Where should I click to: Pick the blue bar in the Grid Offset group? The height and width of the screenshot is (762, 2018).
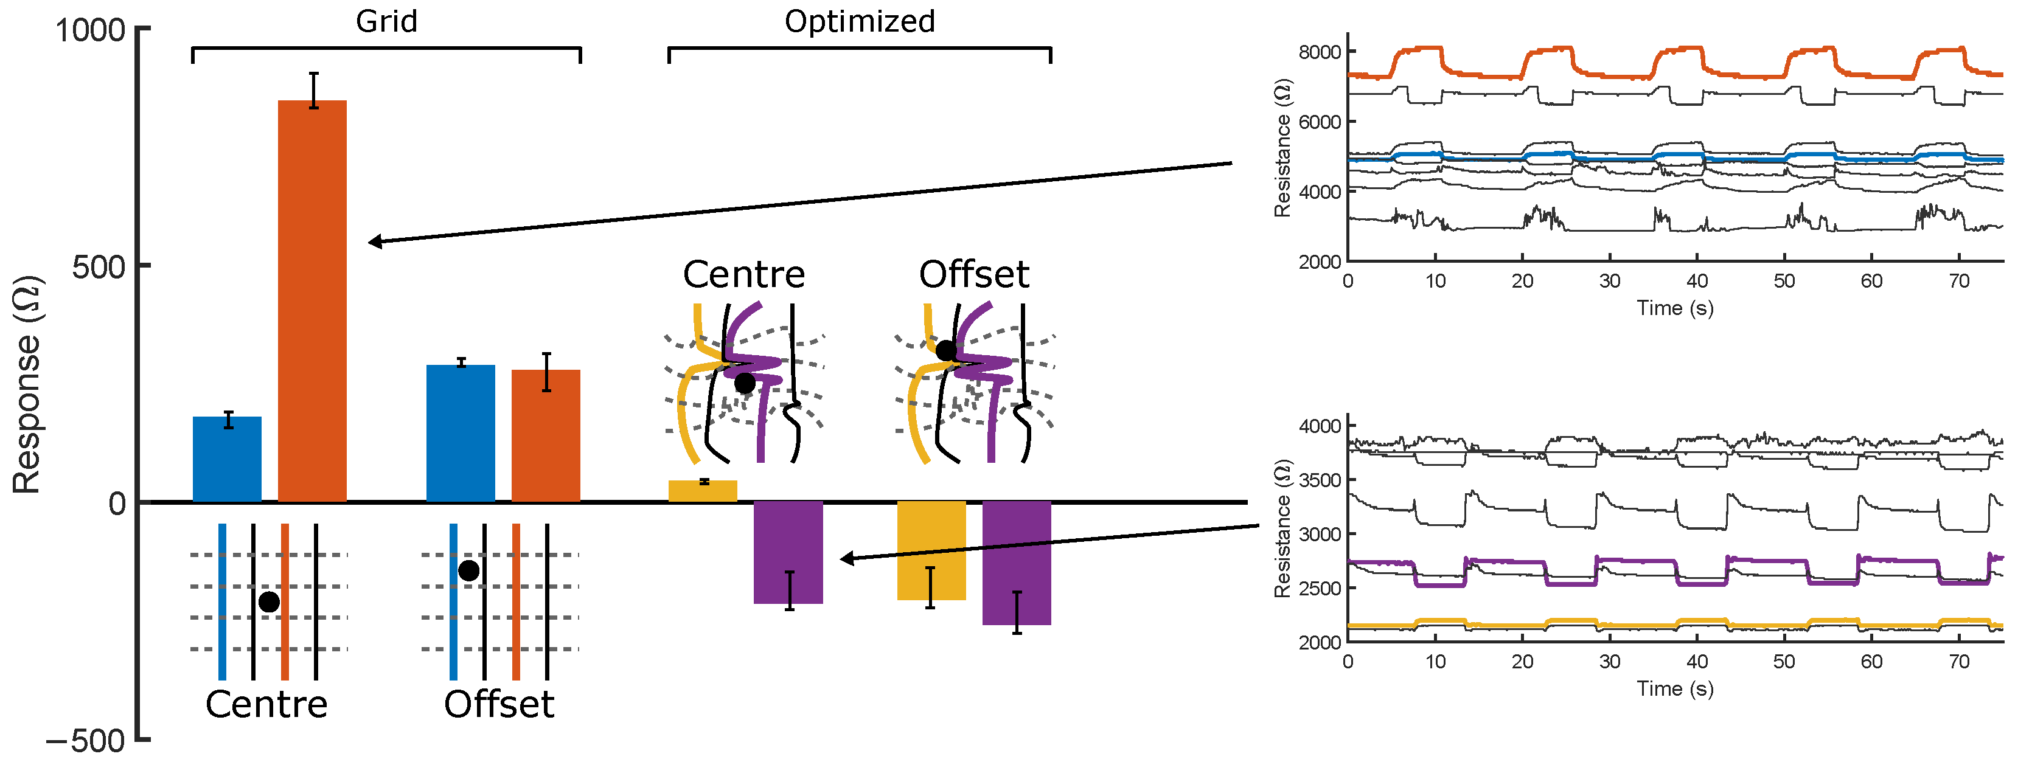click(x=461, y=433)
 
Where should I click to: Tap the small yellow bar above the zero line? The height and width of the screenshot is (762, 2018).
click(x=702, y=491)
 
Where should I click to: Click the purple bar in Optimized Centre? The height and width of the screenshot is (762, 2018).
click(x=788, y=552)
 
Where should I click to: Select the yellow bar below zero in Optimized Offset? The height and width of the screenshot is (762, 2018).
click(x=931, y=550)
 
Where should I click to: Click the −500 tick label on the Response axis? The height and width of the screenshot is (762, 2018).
click(x=86, y=741)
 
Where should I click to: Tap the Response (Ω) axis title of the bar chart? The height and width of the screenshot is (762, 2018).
click(x=27, y=384)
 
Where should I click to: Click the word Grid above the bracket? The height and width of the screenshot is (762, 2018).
click(x=386, y=21)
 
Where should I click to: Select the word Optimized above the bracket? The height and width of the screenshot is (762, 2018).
click(x=860, y=21)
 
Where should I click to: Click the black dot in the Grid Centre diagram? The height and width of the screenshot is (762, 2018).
click(x=269, y=601)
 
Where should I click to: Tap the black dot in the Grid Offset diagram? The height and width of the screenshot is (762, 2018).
click(x=468, y=570)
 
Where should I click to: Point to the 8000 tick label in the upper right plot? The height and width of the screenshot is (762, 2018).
click(x=1319, y=52)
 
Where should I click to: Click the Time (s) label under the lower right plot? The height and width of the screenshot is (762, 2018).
click(x=1675, y=688)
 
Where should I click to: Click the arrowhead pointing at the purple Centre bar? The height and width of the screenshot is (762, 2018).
click(x=847, y=558)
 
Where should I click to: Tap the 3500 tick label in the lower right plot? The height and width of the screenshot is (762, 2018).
click(x=1319, y=480)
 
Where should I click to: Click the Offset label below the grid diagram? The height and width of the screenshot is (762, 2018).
click(x=499, y=704)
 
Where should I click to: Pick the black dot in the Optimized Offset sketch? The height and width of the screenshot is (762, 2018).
click(x=945, y=350)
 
